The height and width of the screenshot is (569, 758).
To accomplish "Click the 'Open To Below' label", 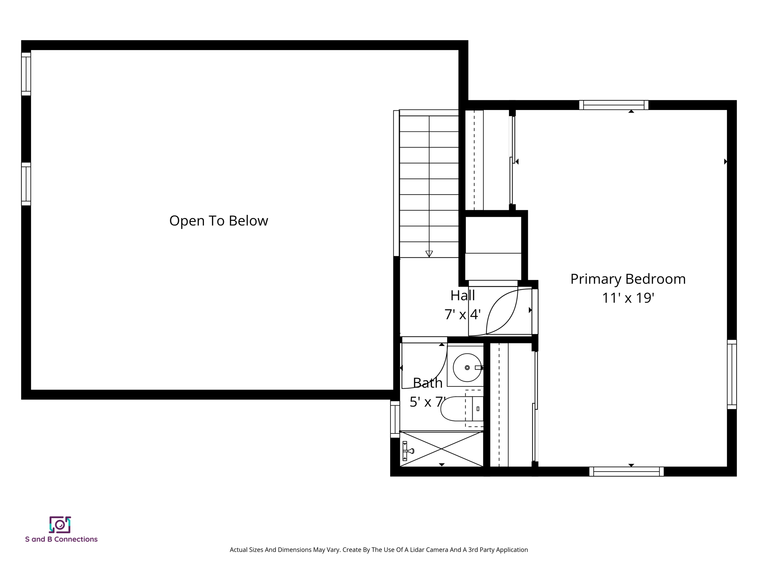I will coord(218,221).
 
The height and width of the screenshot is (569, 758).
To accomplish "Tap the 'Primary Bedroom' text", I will coord(628,279).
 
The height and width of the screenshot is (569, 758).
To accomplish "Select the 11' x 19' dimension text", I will coord(628,298).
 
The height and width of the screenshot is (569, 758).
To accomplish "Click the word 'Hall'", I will coord(462,296).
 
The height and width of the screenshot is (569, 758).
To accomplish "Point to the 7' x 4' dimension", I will coord(462,315).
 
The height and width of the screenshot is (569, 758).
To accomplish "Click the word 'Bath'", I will coord(427,383).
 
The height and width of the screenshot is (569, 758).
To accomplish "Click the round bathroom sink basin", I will coord(467,367).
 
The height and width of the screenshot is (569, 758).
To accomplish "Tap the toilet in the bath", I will coord(463,409).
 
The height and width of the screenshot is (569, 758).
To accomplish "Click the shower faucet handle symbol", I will coord(407,451).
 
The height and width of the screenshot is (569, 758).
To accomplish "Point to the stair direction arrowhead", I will coord(429,254).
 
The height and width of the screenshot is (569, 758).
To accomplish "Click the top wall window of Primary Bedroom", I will coord(614,105).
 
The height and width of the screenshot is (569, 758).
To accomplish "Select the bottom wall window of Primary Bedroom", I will coord(626,472).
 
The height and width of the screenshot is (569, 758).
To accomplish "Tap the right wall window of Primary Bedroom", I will coord(732,374).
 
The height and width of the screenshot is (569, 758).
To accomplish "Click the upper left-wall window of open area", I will coord(26,74).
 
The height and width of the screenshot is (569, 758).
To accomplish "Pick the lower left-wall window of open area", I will coord(26,184).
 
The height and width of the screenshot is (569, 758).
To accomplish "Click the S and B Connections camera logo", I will coord(60,525).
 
